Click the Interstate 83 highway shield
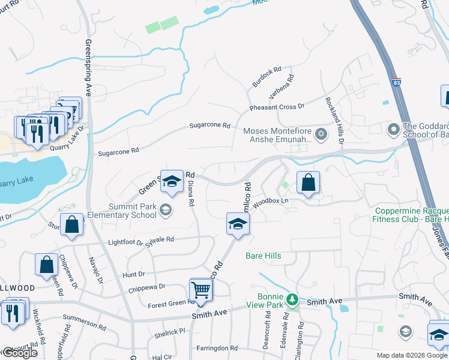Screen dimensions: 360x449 pos(396,82)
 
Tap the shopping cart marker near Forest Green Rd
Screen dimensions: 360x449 pos(201,290)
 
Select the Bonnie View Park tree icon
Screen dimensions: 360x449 pos(292,298)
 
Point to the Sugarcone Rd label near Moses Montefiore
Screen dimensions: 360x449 pos(210,125)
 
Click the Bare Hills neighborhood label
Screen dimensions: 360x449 pos(264,256)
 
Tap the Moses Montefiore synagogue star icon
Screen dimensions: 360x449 pos(321,133)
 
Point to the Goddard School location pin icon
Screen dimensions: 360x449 pos(394,129)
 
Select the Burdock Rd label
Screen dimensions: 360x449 pos(267,77)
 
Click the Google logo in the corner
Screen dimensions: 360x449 pos(20,353)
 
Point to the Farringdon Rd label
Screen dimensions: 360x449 pos(217,348)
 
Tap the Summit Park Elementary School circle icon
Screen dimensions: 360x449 pos(166,209)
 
